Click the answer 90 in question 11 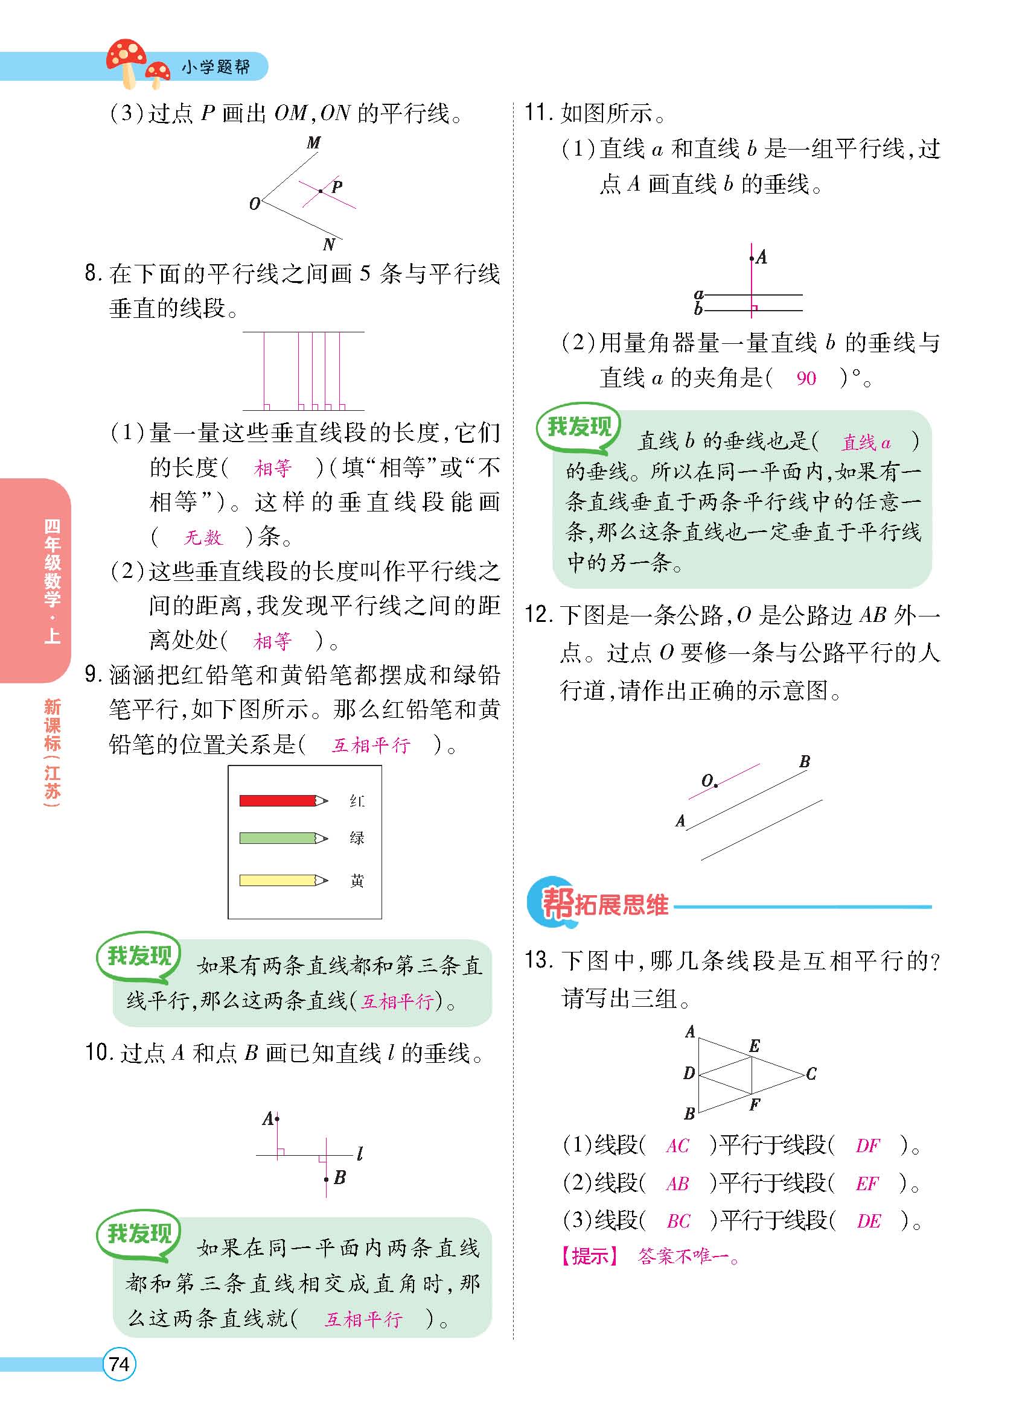click(806, 378)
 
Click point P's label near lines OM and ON click(337, 187)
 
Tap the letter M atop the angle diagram click(313, 144)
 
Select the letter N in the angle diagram click(328, 244)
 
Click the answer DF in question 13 click(867, 1146)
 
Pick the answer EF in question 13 click(867, 1184)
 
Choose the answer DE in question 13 click(868, 1221)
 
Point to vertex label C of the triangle click(811, 1074)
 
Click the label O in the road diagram click(707, 781)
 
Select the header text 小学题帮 click(215, 66)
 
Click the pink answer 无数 click(203, 537)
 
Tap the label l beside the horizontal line click(359, 1153)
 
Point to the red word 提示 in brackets click(590, 1256)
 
